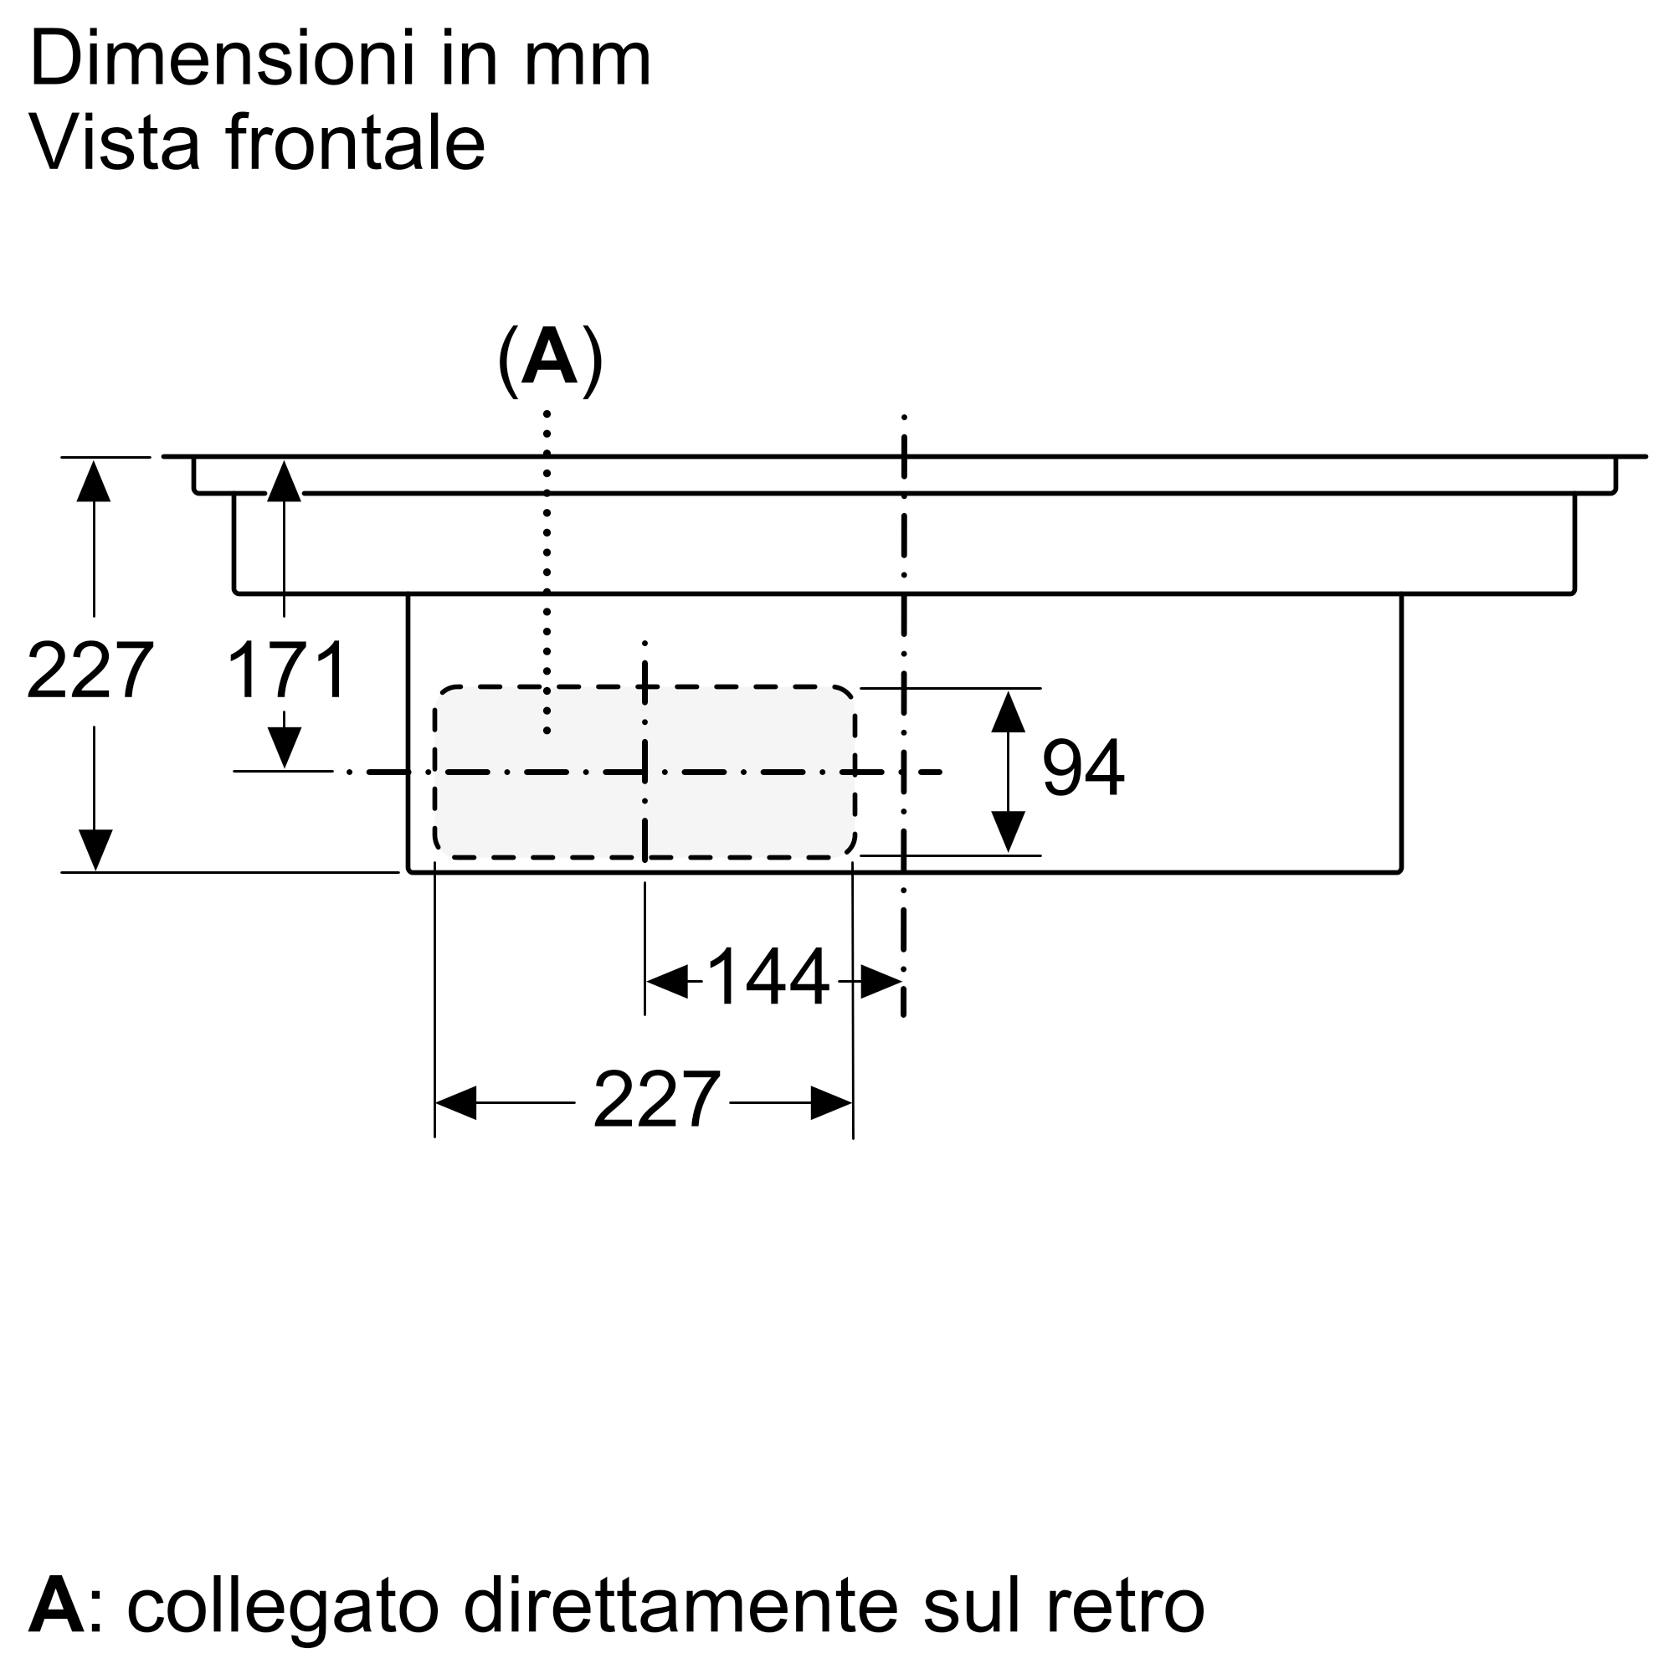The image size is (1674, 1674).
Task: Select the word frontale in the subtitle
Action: pos(355,141)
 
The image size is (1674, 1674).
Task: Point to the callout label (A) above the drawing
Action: pos(550,362)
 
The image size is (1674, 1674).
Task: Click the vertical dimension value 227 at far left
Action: pos(90,670)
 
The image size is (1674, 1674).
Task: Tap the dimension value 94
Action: pos(1083,767)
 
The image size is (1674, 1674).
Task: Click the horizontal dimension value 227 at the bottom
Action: pos(657,1099)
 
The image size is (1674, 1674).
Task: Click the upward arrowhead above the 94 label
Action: pos(1009,711)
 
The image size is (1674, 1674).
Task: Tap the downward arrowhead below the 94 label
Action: pos(1009,832)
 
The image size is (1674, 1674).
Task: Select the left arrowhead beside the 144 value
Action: pos(667,982)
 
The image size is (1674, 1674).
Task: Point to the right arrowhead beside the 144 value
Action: pos(881,982)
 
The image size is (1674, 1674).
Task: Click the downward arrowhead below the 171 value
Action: pos(285,747)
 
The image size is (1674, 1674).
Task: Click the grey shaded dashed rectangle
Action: pos(644,772)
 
